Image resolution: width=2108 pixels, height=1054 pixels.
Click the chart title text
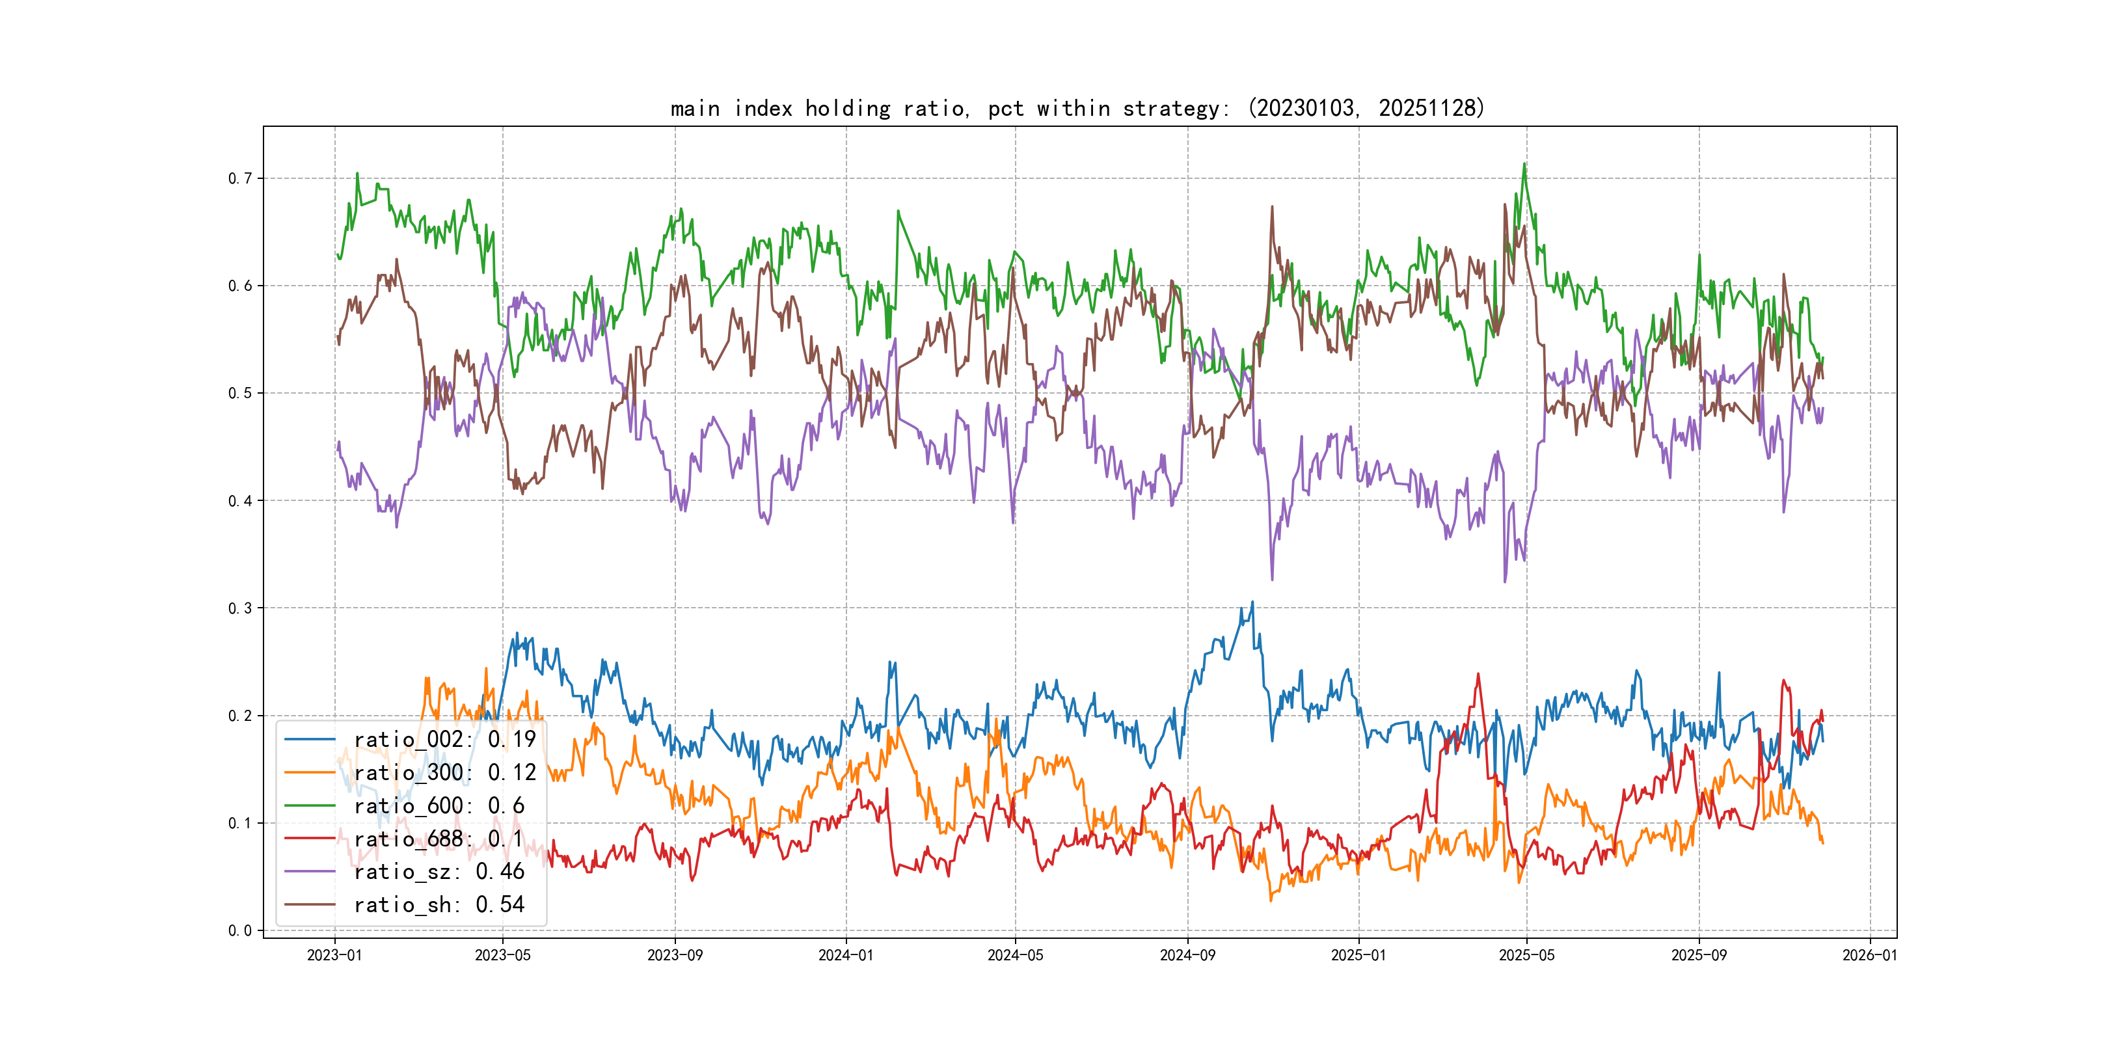click(x=1077, y=108)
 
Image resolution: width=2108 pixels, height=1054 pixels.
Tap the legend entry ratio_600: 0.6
click(x=439, y=806)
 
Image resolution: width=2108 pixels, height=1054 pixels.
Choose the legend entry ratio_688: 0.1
click(x=438, y=839)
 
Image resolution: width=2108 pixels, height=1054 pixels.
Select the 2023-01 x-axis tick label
click(x=334, y=955)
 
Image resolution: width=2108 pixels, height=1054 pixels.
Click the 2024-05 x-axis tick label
click(x=1015, y=955)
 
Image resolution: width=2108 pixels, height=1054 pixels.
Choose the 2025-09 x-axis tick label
click(x=1699, y=955)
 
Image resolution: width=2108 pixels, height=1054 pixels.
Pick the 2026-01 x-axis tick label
click(x=1870, y=955)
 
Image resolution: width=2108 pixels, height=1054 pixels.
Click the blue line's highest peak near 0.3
click(x=1252, y=602)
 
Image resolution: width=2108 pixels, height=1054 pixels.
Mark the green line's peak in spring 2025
click(x=1524, y=165)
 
